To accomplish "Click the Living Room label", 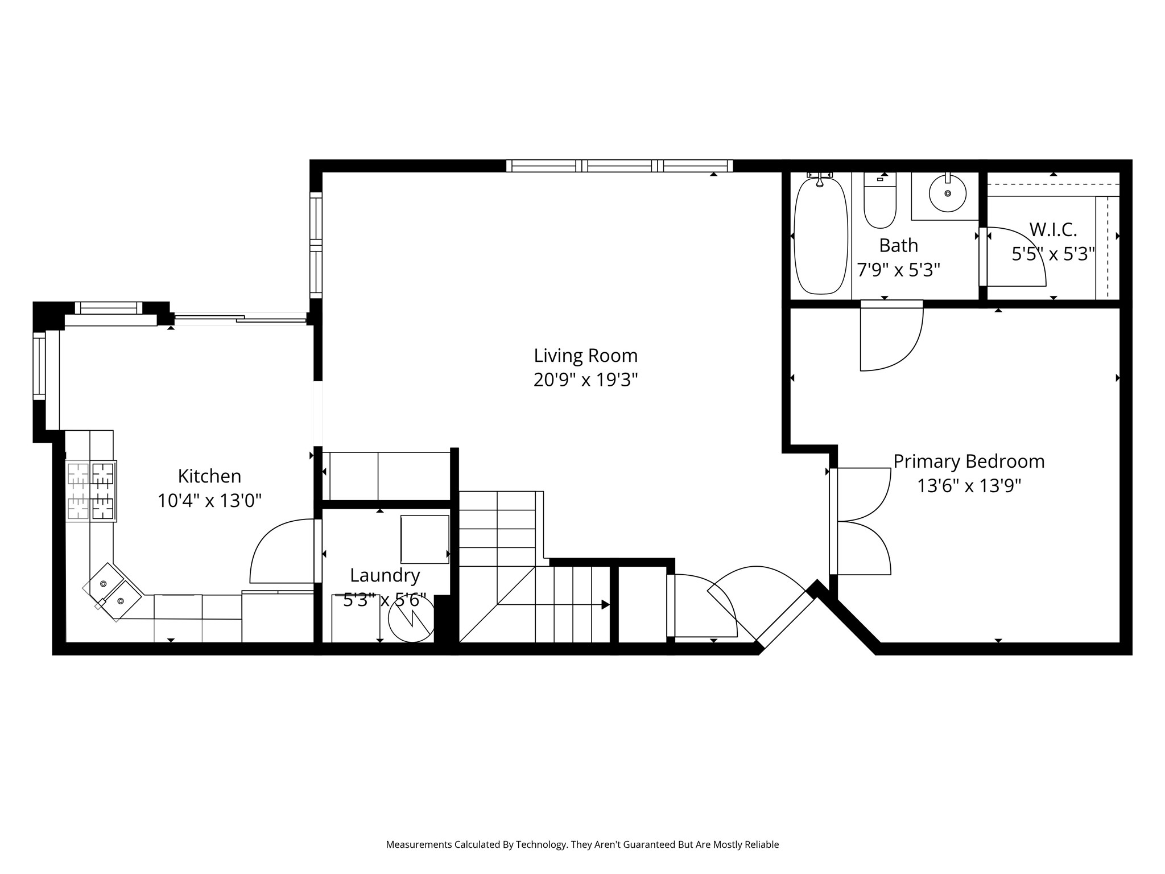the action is (585, 356).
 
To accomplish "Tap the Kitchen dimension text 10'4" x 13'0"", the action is (209, 501).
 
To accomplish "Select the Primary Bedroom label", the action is (969, 461).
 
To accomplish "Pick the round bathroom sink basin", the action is (948, 193).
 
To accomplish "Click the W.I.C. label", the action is (1053, 230).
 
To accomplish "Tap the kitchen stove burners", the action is (91, 491).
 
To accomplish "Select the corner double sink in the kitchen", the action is (113, 592).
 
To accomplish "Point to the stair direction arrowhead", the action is (606, 604).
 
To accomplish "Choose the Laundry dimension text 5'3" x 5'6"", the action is (385, 600).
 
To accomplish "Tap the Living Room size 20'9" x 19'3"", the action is (585, 380).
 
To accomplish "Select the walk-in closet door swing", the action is (1013, 257).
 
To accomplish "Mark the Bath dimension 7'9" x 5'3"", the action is (898, 269).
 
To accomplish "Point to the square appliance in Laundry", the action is (425, 539).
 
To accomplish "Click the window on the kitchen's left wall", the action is (39, 366).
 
